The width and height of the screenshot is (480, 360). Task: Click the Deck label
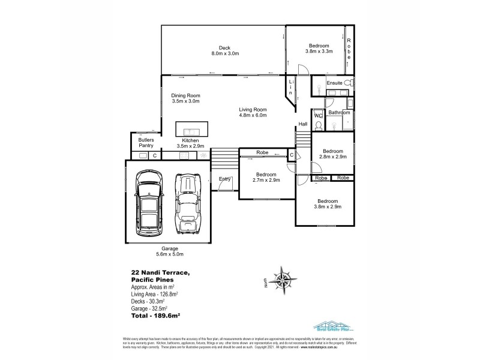pos(225,48)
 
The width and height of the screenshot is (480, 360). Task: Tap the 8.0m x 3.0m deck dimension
pos(225,54)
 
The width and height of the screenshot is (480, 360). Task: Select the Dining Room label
pos(185,95)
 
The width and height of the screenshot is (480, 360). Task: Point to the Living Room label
pos(253,109)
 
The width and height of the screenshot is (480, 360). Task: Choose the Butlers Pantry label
pos(146,142)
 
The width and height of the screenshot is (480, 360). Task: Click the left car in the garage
pos(148,202)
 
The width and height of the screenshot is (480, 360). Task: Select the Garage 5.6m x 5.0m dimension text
pos(169,254)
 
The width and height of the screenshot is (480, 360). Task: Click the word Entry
pos(225,179)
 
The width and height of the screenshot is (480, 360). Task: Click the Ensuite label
pos(334,83)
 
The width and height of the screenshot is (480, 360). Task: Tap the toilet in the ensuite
pos(351,83)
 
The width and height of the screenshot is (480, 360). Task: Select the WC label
pos(318,115)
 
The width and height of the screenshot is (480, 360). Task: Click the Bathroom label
pos(338,112)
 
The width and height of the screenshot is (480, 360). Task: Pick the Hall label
pos(304,124)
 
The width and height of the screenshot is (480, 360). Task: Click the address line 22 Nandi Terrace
pos(160,274)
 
